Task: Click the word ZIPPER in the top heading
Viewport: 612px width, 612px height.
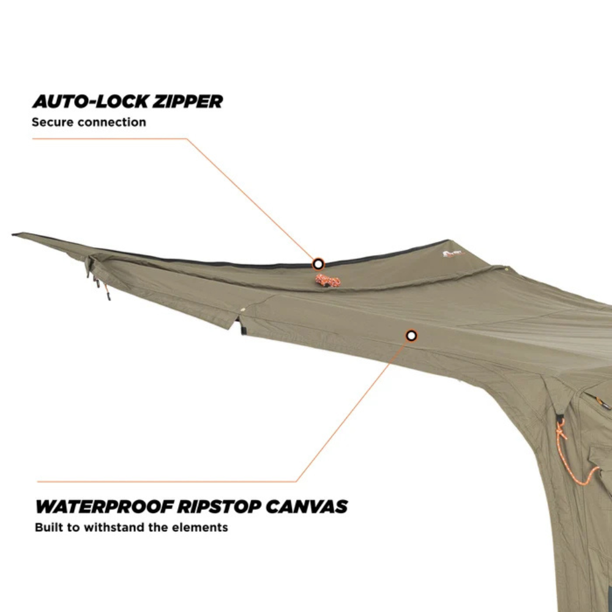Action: tap(187, 102)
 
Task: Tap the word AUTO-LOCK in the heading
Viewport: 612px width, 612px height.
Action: tap(90, 102)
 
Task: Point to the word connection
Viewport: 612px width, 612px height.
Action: tap(112, 122)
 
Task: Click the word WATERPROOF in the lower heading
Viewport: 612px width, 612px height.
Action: tap(104, 507)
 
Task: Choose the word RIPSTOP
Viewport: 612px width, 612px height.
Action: tap(219, 507)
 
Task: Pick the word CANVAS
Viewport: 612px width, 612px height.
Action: tap(307, 507)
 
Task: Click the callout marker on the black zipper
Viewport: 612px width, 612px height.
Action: tap(318, 264)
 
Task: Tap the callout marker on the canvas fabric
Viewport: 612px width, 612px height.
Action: tap(411, 335)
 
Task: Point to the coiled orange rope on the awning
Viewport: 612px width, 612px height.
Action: tap(328, 280)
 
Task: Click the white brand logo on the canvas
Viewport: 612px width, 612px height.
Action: tap(453, 254)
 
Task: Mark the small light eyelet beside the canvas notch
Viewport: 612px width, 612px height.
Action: tap(243, 310)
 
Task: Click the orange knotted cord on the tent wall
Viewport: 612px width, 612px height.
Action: tap(574, 455)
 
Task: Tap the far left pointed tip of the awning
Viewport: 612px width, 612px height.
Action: tap(13, 234)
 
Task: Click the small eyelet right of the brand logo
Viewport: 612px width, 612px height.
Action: tap(506, 269)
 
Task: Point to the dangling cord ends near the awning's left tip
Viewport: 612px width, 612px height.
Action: tap(100, 284)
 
